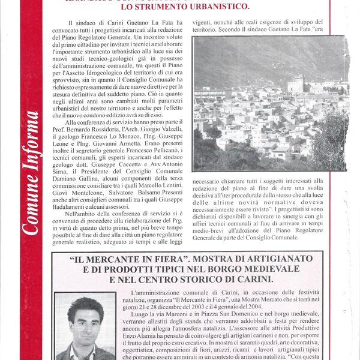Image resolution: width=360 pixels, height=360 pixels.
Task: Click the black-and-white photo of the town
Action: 270,103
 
